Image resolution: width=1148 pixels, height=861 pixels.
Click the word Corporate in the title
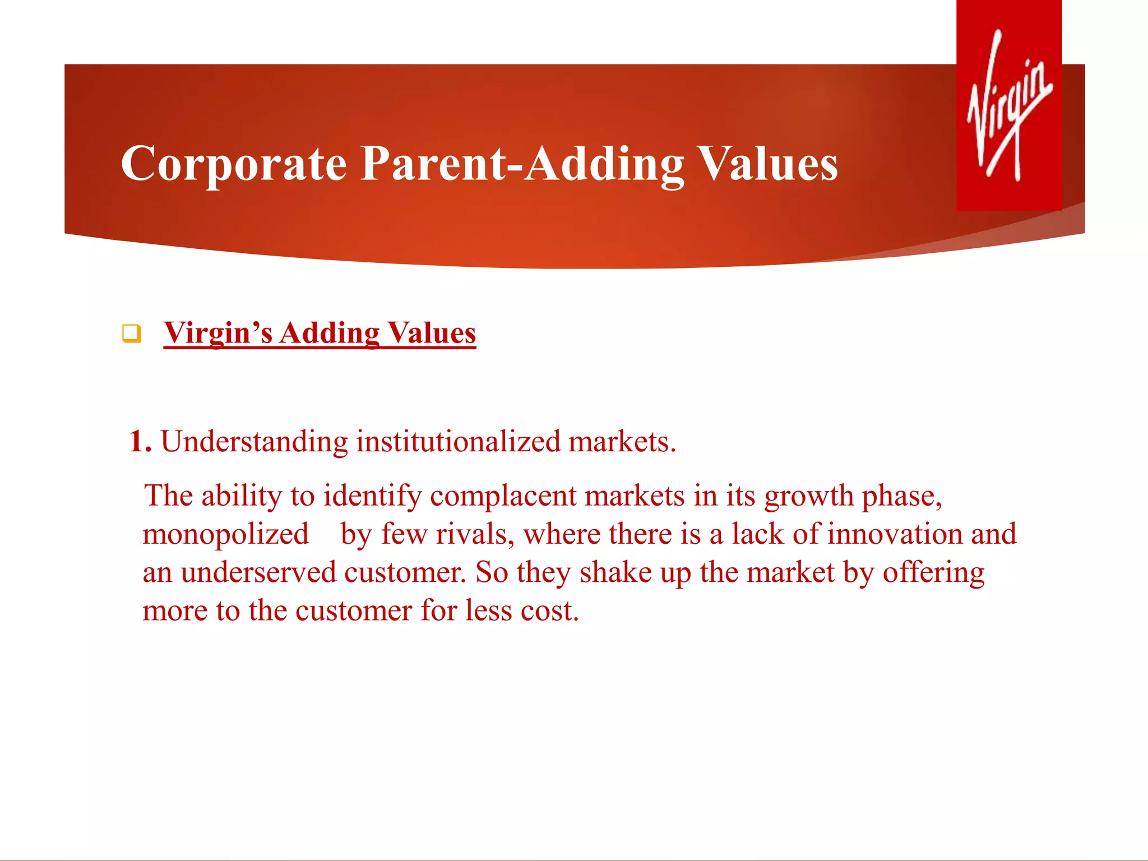click(234, 164)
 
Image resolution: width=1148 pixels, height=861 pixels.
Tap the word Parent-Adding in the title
click(522, 164)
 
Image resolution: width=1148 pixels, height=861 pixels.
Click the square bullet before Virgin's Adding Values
click(131, 334)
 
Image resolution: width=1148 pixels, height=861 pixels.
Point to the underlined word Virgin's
click(218, 333)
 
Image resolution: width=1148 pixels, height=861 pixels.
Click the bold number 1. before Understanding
click(140, 442)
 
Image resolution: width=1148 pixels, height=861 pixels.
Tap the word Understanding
click(254, 442)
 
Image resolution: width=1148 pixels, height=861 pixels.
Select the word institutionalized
click(458, 442)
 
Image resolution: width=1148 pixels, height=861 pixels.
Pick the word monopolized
click(225, 534)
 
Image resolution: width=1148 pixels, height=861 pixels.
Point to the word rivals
click(475, 534)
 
